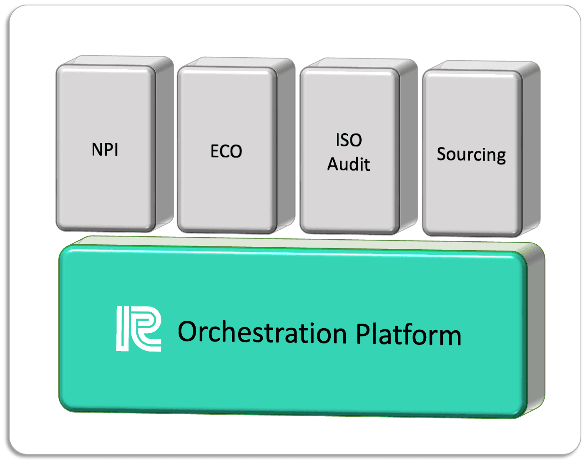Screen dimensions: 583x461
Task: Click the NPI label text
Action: click(105, 149)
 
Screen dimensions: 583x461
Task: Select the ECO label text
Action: click(226, 151)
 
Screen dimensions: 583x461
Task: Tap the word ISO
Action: click(349, 140)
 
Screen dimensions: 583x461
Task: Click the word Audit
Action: click(349, 164)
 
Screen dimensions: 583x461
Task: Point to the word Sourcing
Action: click(471, 155)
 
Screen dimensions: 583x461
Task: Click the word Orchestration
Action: click(262, 332)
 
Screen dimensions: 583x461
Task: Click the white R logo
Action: click(139, 329)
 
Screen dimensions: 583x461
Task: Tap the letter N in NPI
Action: click(98, 149)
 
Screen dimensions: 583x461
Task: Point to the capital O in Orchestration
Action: click(187, 332)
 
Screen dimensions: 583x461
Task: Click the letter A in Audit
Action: click(334, 164)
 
